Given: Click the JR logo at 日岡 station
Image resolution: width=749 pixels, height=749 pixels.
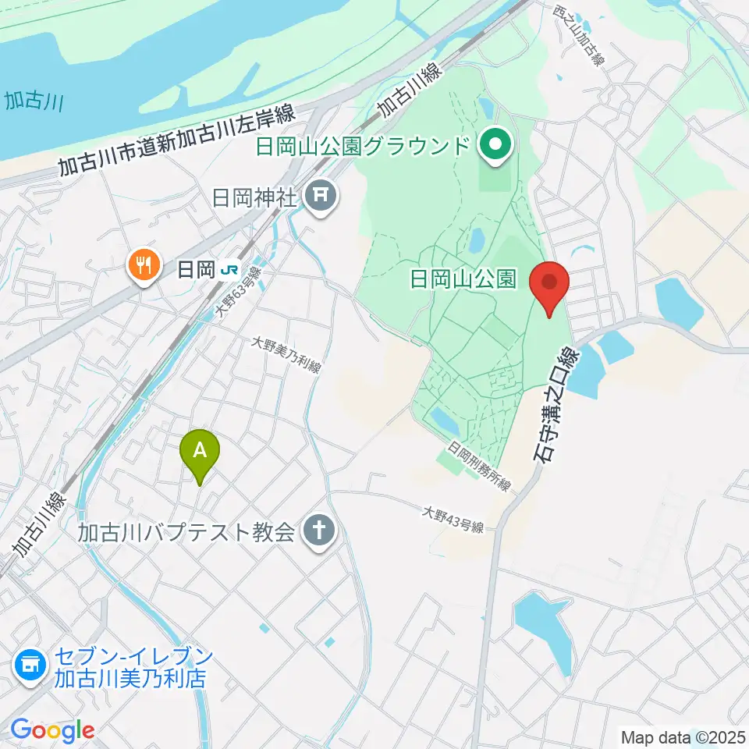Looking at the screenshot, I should (229, 270).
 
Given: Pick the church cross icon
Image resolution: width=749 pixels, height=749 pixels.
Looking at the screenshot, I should (319, 533).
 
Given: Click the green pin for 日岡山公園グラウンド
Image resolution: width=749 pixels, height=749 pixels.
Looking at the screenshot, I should (495, 145).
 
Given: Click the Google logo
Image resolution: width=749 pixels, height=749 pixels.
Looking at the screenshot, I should (52, 731).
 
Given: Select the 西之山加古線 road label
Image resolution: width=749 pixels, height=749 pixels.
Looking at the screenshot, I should (579, 34).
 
